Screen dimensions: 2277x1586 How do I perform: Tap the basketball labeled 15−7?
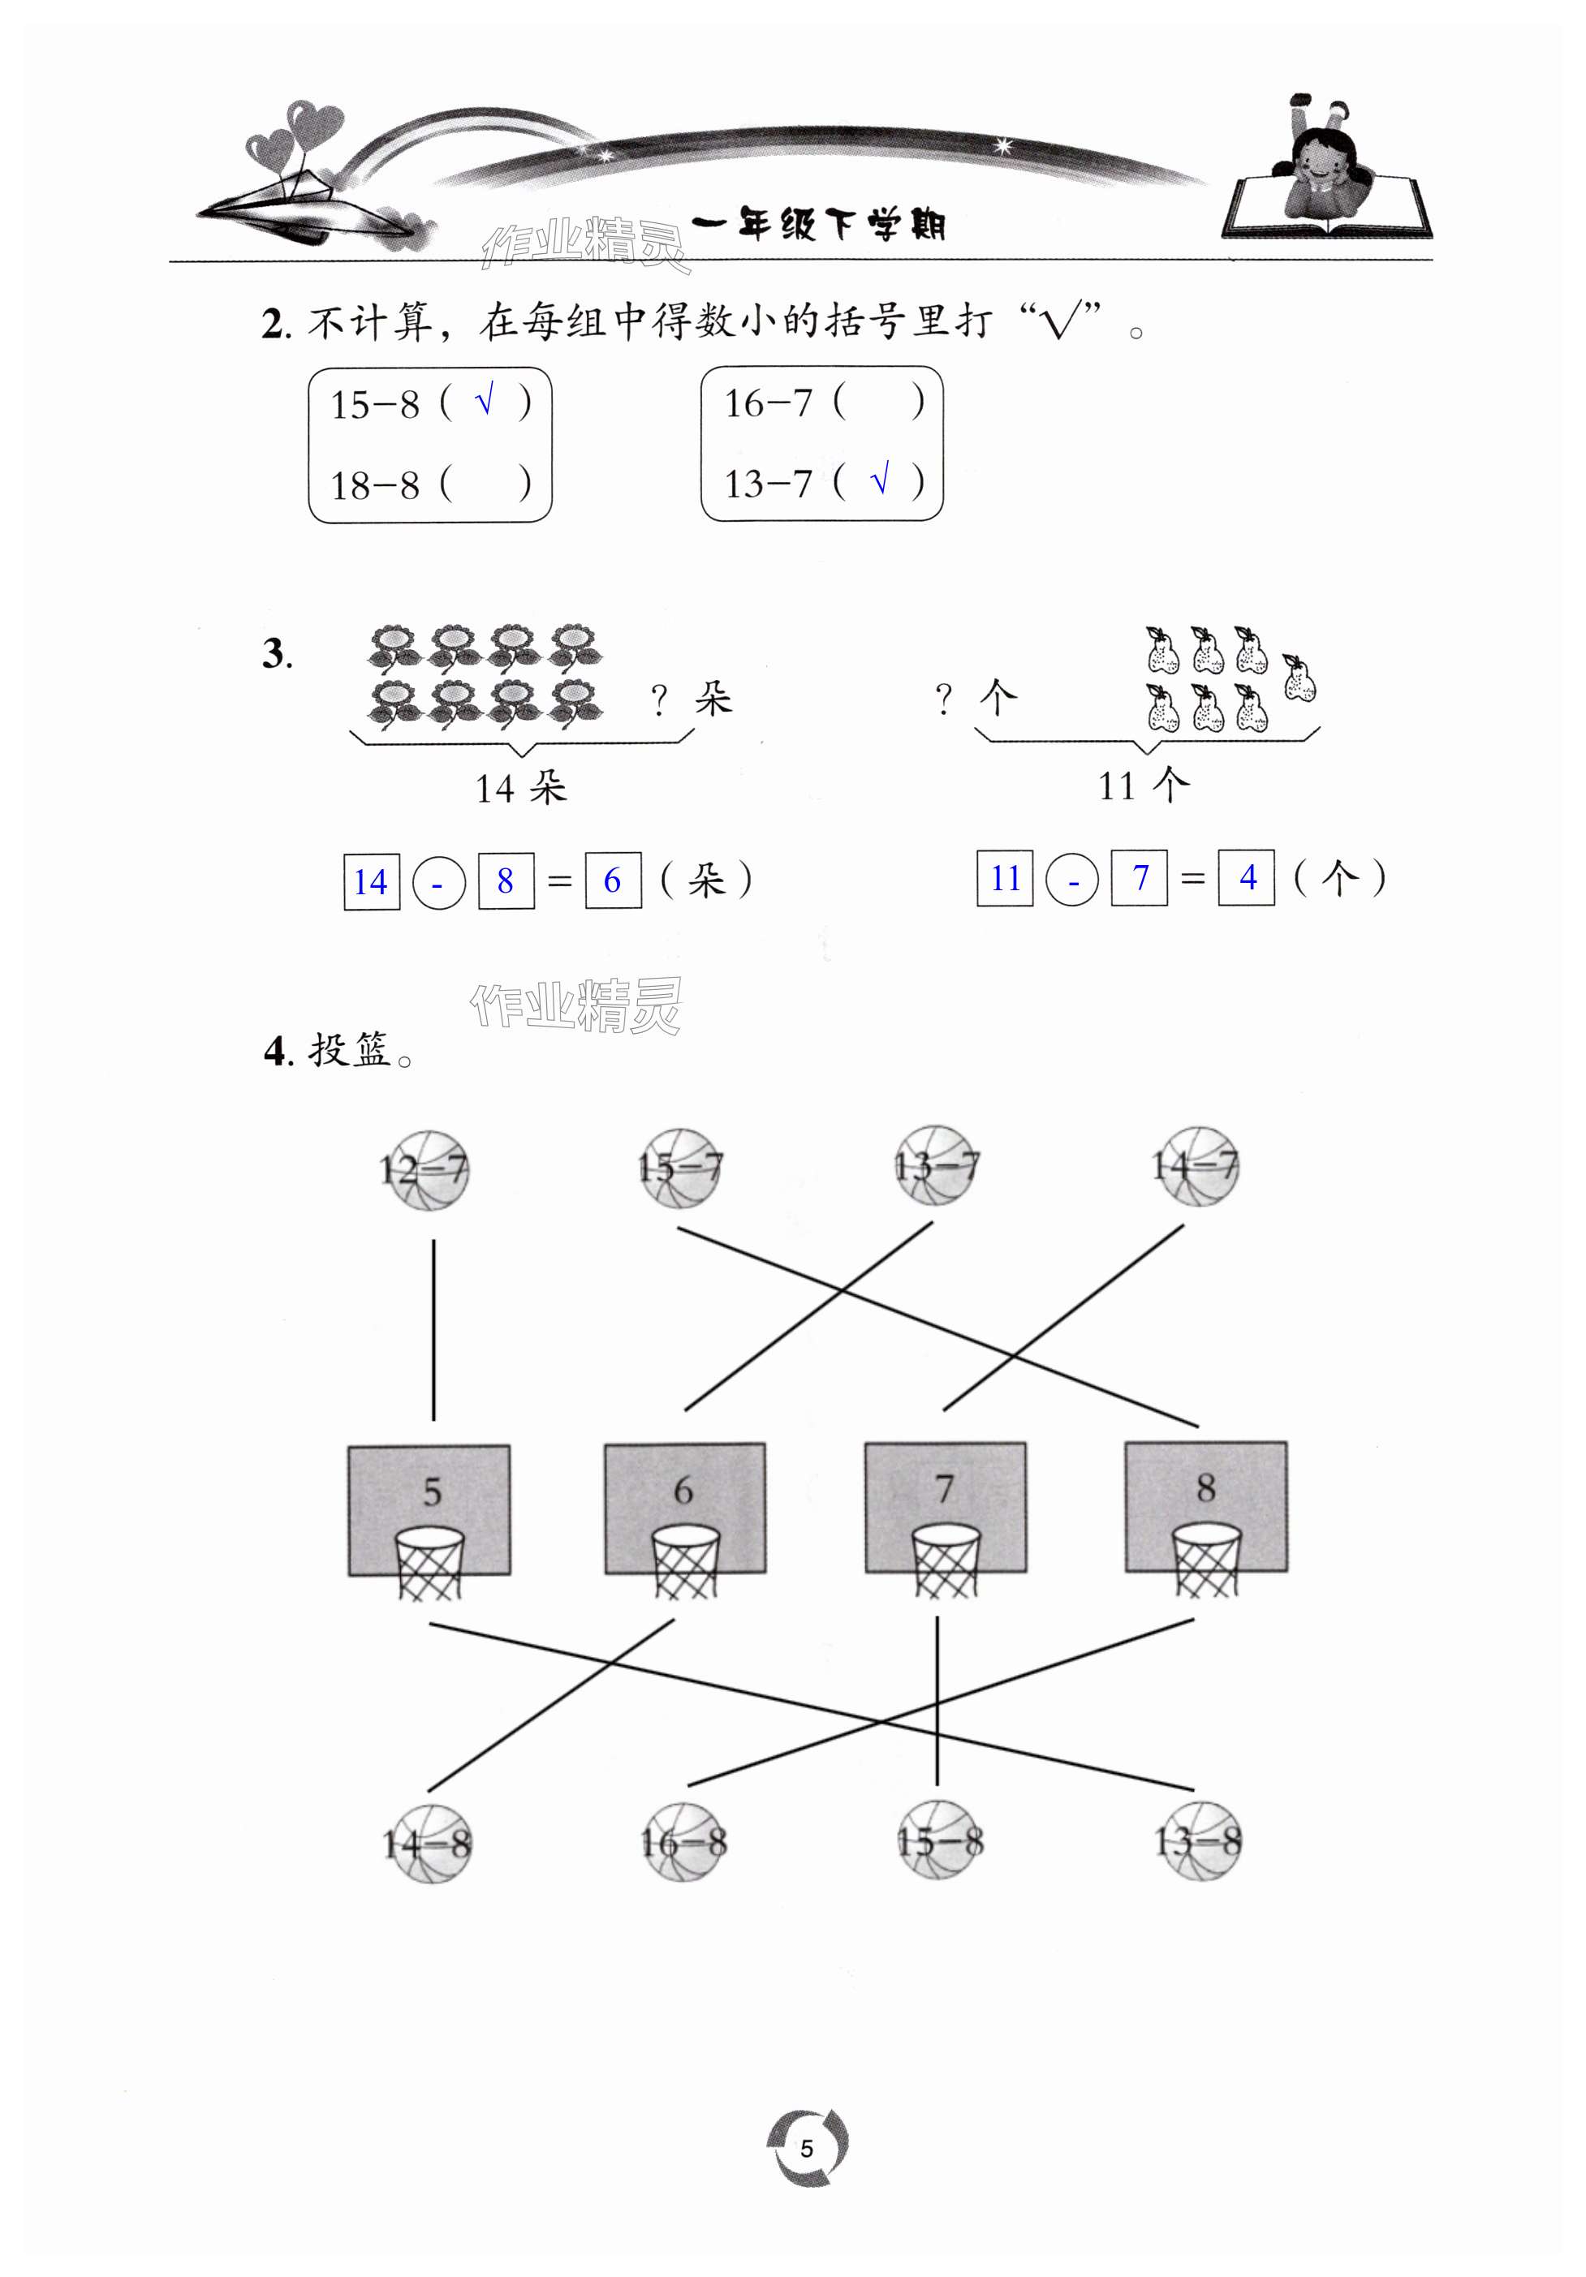[x=680, y=1167]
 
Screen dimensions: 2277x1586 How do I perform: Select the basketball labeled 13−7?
[x=937, y=1165]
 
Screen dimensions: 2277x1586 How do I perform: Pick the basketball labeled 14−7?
[x=1196, y=1165]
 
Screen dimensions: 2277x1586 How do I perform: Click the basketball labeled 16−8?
[x=683, y=1843]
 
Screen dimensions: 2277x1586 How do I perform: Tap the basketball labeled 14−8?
[x=428, y=1844]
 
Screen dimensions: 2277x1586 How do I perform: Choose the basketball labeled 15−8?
[x=939, y=1841]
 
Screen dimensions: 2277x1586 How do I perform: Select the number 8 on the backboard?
[x=1205, y=1487]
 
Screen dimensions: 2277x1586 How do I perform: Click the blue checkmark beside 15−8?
[x=484, y=402]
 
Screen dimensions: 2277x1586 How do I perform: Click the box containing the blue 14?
[x=371, y=880]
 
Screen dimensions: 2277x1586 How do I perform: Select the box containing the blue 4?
[x=1247, y=878]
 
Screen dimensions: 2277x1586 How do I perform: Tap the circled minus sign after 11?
[x=1072, y=880]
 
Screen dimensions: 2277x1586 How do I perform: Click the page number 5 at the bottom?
[x=806, y=2148]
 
